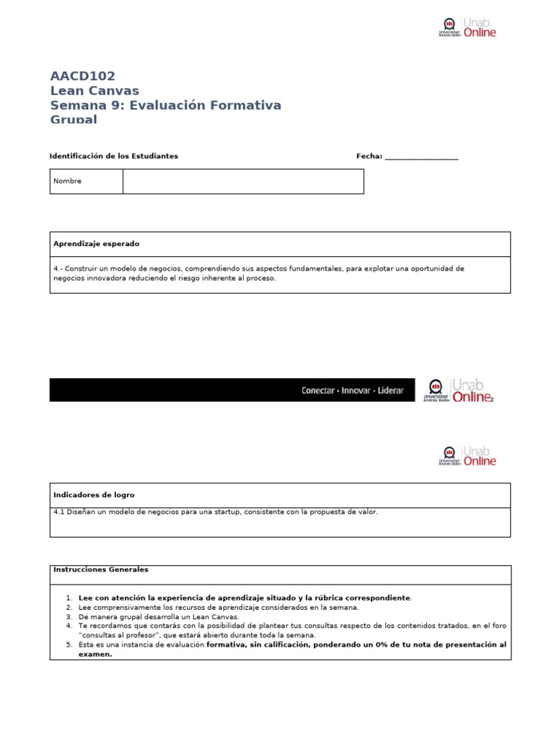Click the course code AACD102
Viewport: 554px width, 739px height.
[82, 76]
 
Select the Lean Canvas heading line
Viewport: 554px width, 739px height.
[94, 90]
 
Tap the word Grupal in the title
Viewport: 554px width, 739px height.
[73, 119]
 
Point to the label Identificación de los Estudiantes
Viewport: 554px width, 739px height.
[113, 156]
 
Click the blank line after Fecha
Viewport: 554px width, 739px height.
[421, 157]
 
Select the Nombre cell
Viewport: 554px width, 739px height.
[86, 181]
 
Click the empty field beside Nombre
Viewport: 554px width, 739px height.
[242, 181]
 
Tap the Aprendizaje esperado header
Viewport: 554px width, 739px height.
[96, 245]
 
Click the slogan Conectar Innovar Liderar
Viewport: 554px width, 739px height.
[352, 390]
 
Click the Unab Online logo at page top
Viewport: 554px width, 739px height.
[467, 28]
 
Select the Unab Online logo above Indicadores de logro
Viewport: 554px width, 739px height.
[467, 455]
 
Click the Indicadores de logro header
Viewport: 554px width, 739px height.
[94, 495]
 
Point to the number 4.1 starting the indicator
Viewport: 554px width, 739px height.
[59, 512]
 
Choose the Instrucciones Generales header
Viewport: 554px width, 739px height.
[101, 569]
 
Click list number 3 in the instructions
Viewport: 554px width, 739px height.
[69, 617]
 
